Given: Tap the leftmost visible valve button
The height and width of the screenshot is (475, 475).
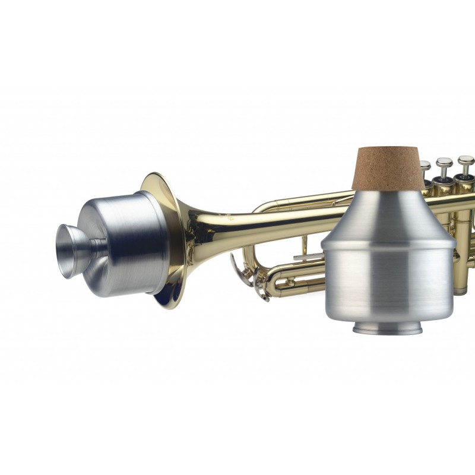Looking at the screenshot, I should [x=425, y=164].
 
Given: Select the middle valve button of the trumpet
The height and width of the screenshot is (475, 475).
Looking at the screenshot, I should [x=444, y=162].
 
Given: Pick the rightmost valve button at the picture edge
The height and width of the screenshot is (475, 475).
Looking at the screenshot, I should [x=465, y=160].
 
